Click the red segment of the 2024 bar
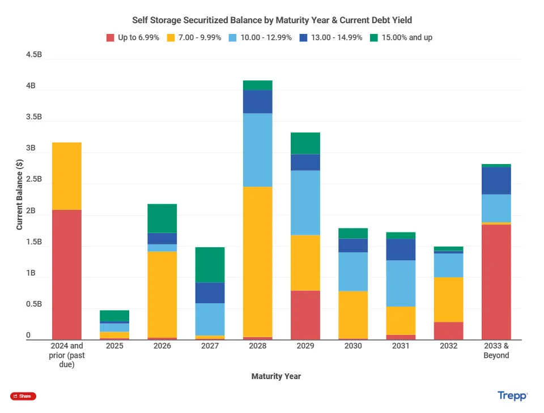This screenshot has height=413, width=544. (66, 274)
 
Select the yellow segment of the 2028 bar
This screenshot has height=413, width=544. (258, 261)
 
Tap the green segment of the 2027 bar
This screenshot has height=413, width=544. (210, 265)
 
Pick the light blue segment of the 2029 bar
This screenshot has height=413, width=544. (305, 203)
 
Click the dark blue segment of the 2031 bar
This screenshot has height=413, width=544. (401, 249)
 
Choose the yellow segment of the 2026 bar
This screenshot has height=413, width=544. (162, 294)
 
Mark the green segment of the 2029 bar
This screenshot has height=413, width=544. (305, 143)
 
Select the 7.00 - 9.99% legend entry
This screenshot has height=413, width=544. (194, 38)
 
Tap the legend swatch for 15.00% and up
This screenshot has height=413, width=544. (374, 38)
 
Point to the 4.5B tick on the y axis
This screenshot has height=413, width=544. (34, 55)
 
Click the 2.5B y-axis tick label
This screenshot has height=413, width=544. (34, 180)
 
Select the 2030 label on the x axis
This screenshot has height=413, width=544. (353, 346)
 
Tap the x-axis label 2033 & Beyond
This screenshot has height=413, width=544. (496, 351)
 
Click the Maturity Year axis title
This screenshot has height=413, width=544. (276, 376)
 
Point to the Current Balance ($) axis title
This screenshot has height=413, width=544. (20, 195)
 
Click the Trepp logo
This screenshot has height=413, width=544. (512, 396)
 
